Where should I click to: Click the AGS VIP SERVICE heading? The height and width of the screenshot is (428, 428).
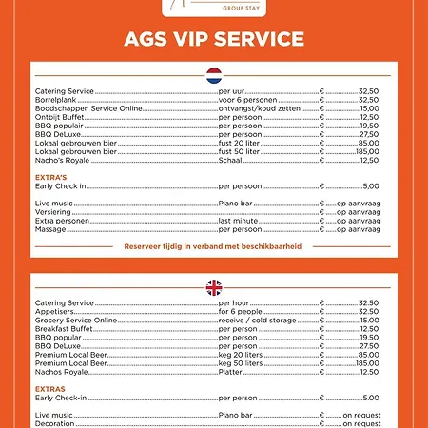click(x=214, y=39)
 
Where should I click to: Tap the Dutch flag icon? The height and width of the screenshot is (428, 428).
click(x=214, y=74)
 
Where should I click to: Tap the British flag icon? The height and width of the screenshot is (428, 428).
click(x=214, y=286)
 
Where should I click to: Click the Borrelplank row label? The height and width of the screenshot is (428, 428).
click(x=54, y=100)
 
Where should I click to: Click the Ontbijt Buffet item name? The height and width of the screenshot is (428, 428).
click(x=60, y=117)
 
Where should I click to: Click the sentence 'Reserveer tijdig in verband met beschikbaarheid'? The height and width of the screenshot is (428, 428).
click(x=213, y=245)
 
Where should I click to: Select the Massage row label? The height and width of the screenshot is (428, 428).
click(x=51, y=229)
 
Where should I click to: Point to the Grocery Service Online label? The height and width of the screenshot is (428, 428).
click(x=76, y=320)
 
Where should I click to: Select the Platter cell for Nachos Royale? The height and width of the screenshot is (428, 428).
click(x=230, y=371)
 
